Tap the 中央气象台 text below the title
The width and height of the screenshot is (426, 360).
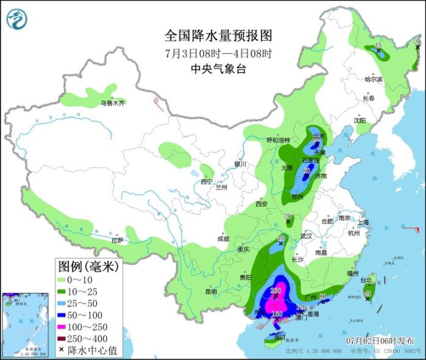[x=213, y=69]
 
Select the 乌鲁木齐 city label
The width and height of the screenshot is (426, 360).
[x=113, y=103]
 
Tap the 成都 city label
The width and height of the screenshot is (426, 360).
[x=222, y=239]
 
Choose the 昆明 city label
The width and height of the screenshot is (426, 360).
[x=211, y=291]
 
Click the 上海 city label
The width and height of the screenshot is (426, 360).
[x=364, y=223]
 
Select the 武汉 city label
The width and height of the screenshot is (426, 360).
[x=306, y=236]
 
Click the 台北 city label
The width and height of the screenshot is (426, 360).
[x=366, y=280]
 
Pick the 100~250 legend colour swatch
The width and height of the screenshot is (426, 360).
[x=62, y=327]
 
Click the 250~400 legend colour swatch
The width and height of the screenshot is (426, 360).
[x=62, y=339]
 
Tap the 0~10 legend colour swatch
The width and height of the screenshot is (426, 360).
[x=62, y=280]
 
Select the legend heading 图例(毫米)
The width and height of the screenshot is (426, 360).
[x=89, y=266]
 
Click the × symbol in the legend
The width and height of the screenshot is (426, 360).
[x=62, y=350]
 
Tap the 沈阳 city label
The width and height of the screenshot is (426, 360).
[x=361, y=121]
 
